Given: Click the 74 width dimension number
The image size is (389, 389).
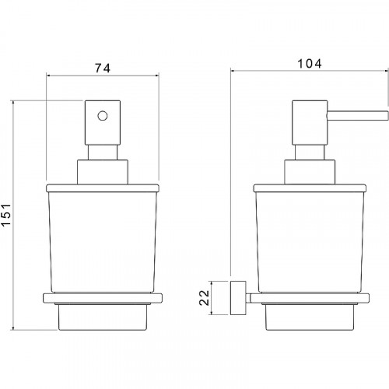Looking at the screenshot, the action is click(x=103, y=68).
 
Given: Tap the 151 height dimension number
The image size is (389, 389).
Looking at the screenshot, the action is click(x=6, y=215).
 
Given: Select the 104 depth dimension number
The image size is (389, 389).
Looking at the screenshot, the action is click(x=310, y=64).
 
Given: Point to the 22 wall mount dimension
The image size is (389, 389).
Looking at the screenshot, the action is click(x=204, y=297).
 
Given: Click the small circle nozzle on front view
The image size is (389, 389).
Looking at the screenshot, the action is click(x=103, y=116).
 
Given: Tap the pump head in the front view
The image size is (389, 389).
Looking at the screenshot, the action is click(x=103, y=122).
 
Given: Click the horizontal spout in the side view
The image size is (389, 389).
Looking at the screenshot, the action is click(x=358, y=116).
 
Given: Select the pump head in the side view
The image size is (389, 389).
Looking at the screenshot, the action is click(x=310, y=122).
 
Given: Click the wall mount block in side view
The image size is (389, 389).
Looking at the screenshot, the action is click(x=238, y=298).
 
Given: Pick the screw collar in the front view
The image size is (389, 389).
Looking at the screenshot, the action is click(x=103, y=172).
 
